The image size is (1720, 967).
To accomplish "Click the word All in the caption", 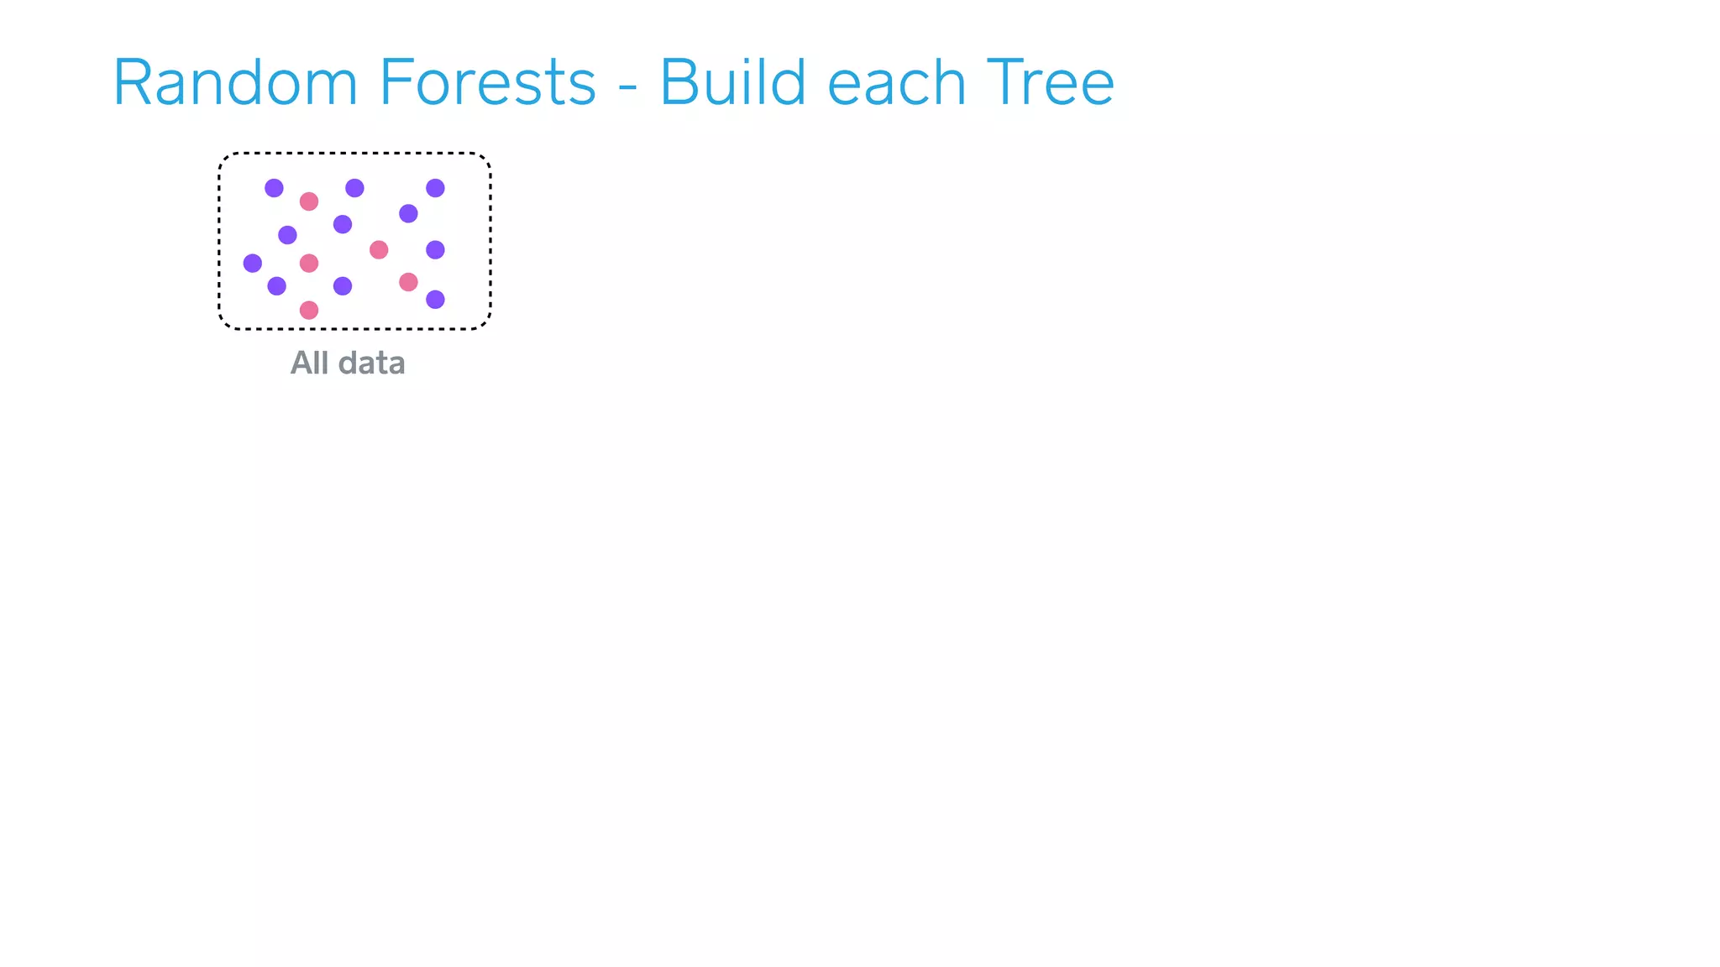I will point(309,363).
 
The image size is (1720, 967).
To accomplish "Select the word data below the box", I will point(371,363).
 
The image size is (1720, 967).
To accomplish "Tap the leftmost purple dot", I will point(253,264).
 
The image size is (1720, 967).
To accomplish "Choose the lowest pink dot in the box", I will point(309,311).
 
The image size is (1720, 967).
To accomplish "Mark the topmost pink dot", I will point(309,201).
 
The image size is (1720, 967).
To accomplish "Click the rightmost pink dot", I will point(408,282).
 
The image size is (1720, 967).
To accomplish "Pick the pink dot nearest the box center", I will point(379,249).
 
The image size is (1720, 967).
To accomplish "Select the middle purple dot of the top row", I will point(354,188).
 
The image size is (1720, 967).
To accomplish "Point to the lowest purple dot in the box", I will point(435,300).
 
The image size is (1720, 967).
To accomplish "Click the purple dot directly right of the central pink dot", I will point(435,249).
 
